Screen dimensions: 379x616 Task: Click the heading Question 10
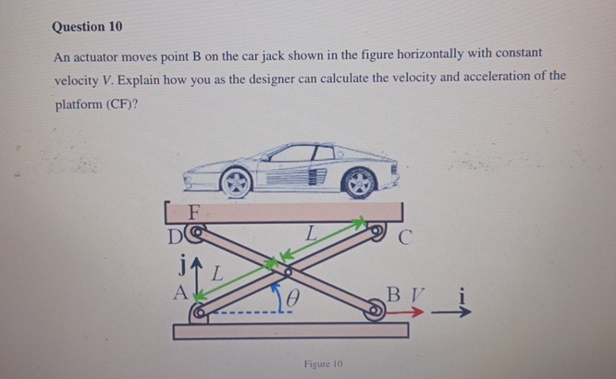[x=87, y=27]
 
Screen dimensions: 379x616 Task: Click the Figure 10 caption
[x=323, y=364]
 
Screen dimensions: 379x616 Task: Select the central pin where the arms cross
[x=289, y=273]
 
